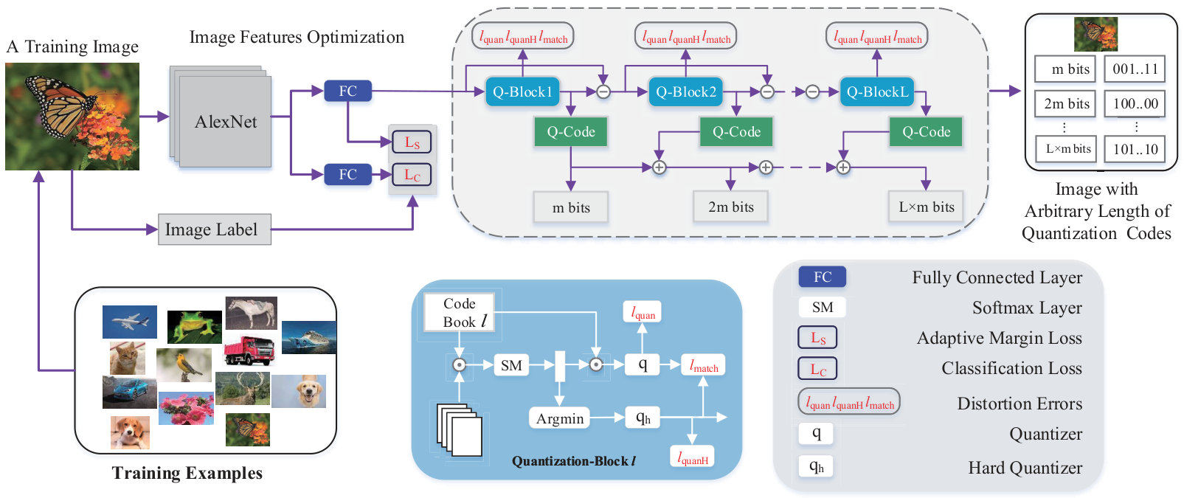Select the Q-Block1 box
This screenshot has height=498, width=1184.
(522, 92)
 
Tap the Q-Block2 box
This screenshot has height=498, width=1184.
(685, 92)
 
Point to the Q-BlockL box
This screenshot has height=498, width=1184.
(877, 92)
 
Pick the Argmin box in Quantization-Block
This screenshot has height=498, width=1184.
(560, 418)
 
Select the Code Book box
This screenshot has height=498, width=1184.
(460, 312)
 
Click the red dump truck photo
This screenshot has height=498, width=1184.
(249, 350)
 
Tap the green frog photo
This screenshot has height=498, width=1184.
(195, 327)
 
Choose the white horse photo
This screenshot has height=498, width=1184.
(251, 313)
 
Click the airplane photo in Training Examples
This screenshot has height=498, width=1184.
(130, 322)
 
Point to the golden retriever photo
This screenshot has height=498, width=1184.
(299, 391)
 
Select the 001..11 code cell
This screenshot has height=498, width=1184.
(1135, 69)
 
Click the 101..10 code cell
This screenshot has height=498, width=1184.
(1135, 149)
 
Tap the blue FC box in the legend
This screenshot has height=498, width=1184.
(822, 277)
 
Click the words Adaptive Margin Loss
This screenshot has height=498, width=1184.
(999, 338)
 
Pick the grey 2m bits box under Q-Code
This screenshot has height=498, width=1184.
(730, 207)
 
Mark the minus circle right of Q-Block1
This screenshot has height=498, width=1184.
(603, 92)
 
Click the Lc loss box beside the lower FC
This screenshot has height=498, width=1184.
(411, 174)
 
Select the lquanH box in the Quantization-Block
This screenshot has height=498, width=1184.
(693, 457)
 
